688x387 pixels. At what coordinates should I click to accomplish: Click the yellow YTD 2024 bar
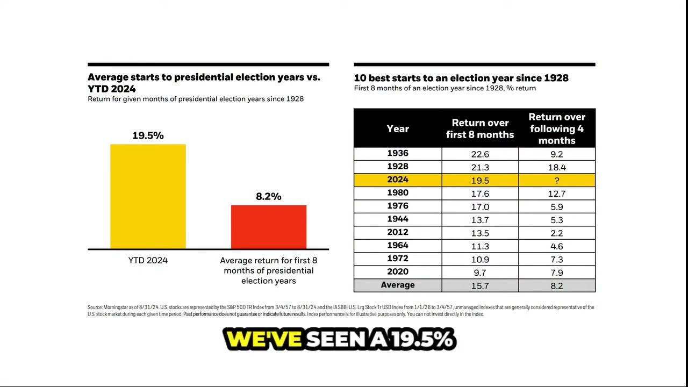(148, 196)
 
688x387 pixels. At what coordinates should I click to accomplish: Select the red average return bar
(269, 227)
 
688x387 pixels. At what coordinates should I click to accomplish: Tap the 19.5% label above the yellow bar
(148, 135)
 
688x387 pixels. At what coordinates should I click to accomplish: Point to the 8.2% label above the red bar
(269, 197)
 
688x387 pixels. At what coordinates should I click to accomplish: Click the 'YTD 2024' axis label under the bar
(148, 260)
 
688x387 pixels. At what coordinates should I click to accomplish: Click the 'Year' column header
(398, 128)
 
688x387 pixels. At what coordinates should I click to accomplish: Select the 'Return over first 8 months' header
(480, 129)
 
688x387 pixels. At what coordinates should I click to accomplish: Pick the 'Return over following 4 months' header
(557, 128)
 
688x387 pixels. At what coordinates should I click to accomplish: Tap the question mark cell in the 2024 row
(557, 181)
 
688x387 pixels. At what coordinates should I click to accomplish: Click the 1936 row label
(398, 154)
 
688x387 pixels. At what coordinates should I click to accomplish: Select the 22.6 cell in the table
(480, 154)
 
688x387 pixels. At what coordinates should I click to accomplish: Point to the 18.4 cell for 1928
(557, 167)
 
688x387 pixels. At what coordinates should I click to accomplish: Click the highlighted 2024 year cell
(398, 180)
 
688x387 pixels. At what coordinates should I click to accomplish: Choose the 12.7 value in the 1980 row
(557, 193)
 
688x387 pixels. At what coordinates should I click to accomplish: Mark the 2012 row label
(398, 232)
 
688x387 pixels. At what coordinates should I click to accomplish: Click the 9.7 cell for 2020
(480, 273)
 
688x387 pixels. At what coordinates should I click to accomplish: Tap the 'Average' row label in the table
(398, 285)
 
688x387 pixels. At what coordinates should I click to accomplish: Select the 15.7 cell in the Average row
(480, 286)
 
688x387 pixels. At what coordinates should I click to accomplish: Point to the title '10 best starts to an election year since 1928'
(461, 78)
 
